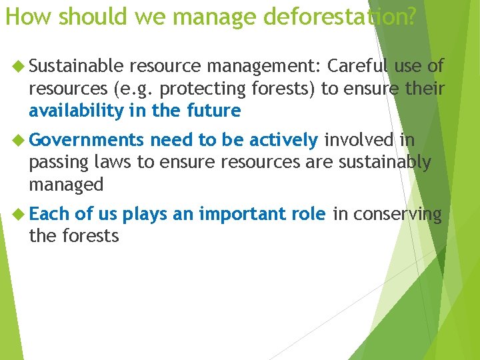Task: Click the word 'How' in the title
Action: [x=22, y=16]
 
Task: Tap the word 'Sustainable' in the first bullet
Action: [x=77, y=66]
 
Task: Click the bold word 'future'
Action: [x=215, y=111]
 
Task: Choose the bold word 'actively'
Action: [x=283, y=140]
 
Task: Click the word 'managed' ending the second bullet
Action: [x=66, y=185]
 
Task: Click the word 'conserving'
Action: [x=397, y=214]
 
